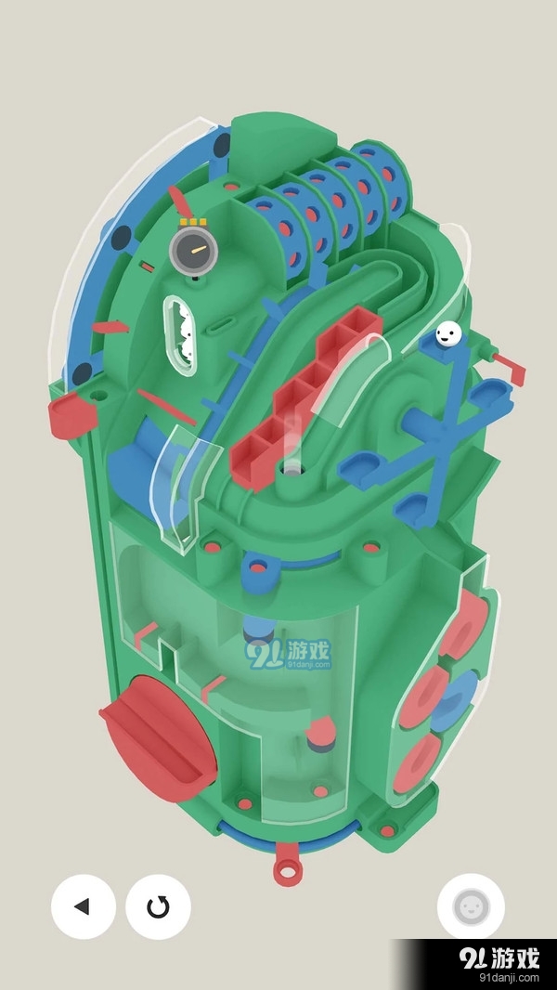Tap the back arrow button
point(84,906)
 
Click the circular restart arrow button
point(158,906)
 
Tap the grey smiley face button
point(471,906)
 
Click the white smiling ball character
point(447,333)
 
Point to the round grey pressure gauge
point(193,251)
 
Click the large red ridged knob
point(158,738)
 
